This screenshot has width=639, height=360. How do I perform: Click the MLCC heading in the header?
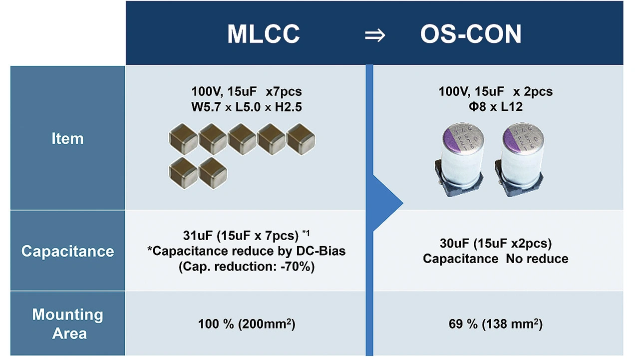point(263,34)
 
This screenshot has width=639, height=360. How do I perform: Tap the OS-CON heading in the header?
point(471,34)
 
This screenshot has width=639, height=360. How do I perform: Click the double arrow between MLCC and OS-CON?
point(375,35)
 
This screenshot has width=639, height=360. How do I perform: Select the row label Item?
point(67,139)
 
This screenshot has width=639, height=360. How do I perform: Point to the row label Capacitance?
point(67,251)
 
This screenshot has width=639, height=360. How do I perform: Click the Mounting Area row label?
point(67,324)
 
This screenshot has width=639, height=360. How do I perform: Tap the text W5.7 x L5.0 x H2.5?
point(247,107)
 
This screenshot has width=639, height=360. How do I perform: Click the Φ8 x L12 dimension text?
point(496,107)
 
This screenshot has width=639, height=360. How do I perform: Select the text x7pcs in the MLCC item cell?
point(284,92)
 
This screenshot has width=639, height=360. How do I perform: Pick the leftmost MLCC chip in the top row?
point(183,139)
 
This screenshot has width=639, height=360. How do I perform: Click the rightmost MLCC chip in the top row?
point(301,139)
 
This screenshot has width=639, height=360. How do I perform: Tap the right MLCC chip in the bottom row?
point(213,173)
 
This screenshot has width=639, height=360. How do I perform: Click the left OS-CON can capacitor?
point(460,160)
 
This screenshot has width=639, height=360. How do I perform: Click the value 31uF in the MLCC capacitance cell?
point(198,236)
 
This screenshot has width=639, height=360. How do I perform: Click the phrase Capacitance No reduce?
point(496,259)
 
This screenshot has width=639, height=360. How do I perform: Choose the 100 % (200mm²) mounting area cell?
point(247,324)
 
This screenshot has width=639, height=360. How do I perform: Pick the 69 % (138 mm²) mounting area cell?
point(496,324)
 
